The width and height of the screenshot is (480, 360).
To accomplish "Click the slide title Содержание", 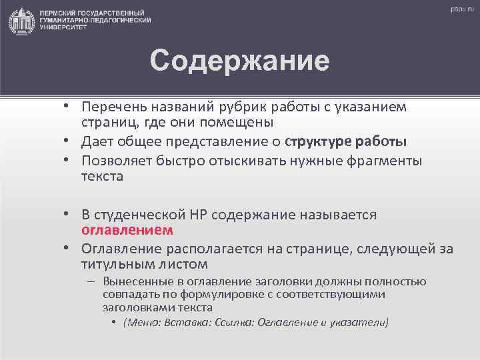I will click(239, 61).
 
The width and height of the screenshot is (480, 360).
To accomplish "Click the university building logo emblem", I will click(22, 21).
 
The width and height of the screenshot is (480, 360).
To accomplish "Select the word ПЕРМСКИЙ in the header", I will click(59, 13).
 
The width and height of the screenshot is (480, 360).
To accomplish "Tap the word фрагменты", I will click(387, 160).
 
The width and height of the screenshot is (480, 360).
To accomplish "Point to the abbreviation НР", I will click(198, 215).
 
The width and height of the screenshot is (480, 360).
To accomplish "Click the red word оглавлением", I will click(127, 231).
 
